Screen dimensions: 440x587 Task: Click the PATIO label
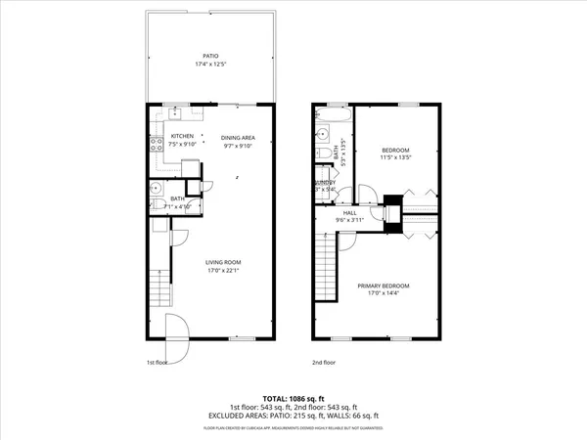210,57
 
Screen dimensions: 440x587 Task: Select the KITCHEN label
183,136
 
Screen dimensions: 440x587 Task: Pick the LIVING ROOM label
223,262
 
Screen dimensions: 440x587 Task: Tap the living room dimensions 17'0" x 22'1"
223,271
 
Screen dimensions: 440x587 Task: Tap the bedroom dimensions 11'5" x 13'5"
397,156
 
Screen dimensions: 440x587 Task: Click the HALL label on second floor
350,212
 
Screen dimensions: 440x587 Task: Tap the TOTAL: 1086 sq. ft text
293,399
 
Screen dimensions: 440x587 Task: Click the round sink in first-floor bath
156,188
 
